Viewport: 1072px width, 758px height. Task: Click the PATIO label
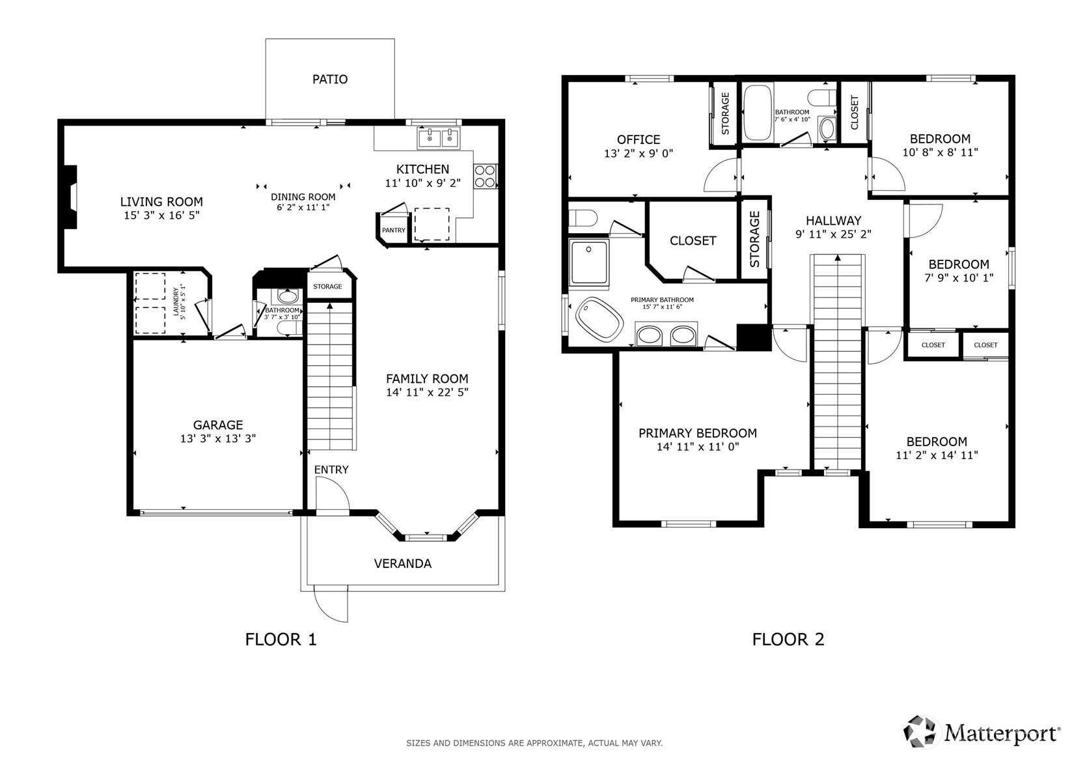[330, 79]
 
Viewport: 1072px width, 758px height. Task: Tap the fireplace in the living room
[70, 197]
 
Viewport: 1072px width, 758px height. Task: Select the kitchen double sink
[439, 138]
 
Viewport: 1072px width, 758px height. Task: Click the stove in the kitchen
[486, 176]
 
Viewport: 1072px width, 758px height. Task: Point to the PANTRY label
[393, 231]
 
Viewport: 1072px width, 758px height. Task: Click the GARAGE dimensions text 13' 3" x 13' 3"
[218, 439]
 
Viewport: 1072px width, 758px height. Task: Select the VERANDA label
[402, 563]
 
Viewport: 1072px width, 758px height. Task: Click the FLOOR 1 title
[281, 639]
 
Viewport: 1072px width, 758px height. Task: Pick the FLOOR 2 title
[788, 639]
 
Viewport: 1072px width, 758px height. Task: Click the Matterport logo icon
[919, 731]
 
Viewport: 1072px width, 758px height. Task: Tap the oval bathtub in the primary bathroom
[599, 319]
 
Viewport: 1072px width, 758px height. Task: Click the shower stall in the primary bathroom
[588, 263]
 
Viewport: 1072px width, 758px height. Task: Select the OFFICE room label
[639, 140]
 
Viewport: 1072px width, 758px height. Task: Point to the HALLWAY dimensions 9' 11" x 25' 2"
[833, 234]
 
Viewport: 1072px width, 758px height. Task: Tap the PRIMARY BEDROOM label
[698, 433]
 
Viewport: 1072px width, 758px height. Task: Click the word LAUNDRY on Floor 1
[176, 302]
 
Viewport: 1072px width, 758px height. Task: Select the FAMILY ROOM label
[427, 379]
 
